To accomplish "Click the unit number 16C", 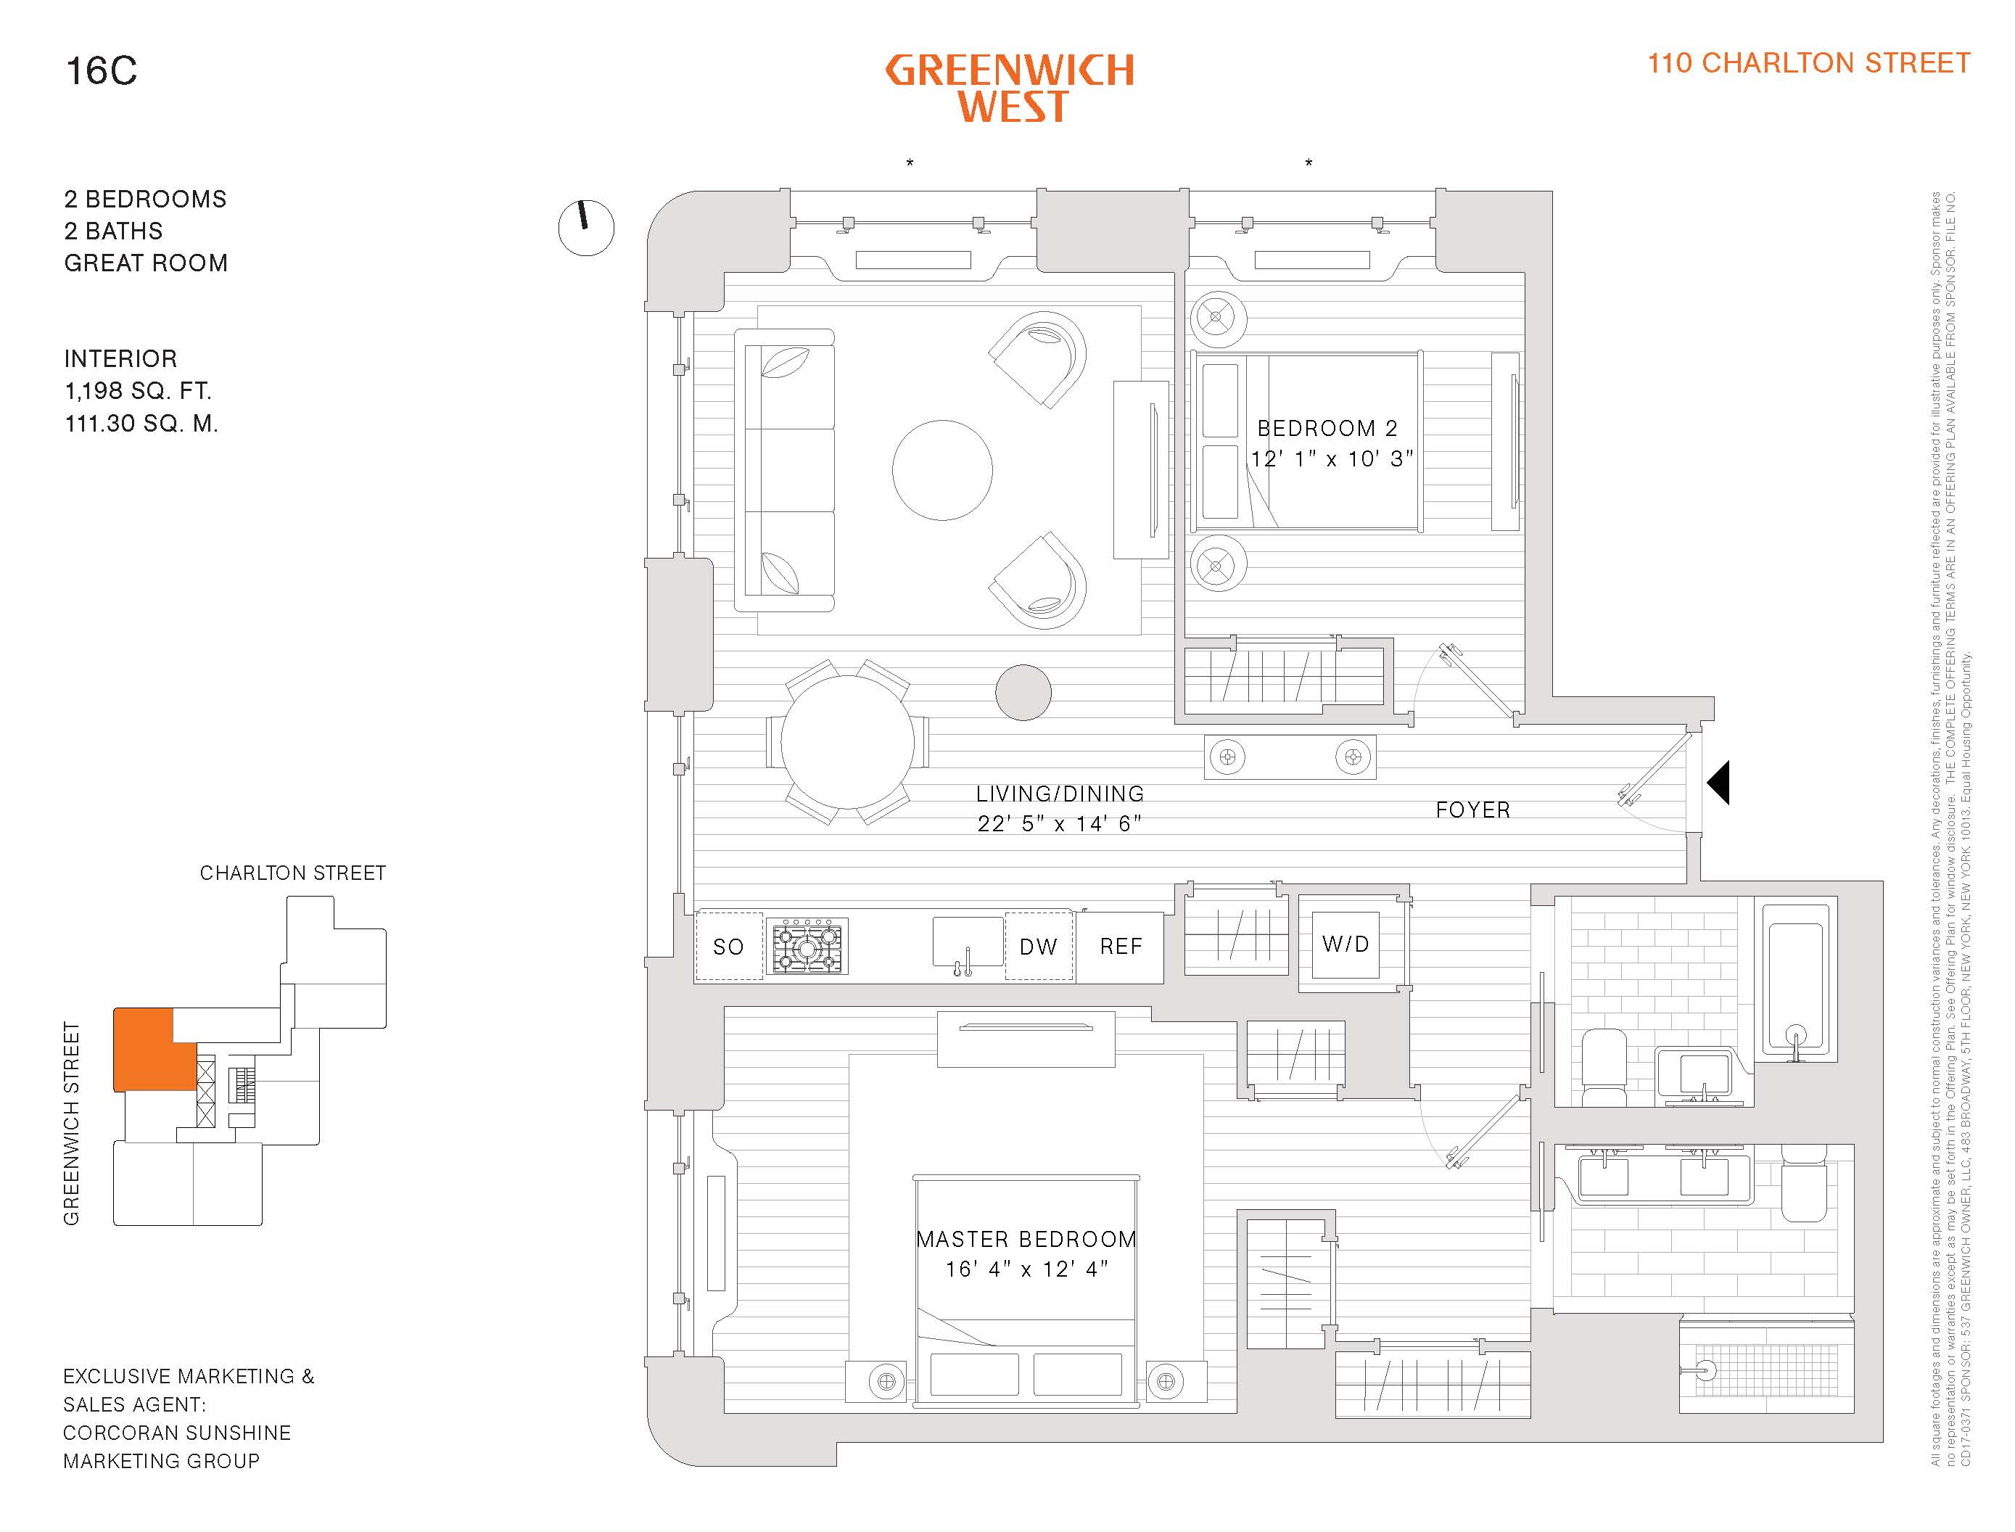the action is pyautogui.click(x=102, y=71).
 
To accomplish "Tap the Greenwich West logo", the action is pyautogui.click(x=1010, y=88).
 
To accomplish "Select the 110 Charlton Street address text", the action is pyautogui.click(x=1808, y=63).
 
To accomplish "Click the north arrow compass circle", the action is pyautogui.click(x=586, y=228).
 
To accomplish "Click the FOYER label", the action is pyautogui.click(x=1472, y=810).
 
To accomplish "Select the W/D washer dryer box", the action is pyautogui.click(x=1346, y=944).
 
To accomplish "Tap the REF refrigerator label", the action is pyautogui.click(x=1121, y=947).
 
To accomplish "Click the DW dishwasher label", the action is pyautogui.click(x=1039, y=947).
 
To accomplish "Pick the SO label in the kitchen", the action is pyautogui.click(x=728, y=947).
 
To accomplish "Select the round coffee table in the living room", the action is pyautogui.click(x=941, y=469).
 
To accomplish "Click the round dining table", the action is pyautogui.click(x=847, y=742).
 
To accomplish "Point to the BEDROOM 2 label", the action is pyautogui.click(x=1327, y=429).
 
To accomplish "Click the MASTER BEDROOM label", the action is pyautogui.click(x=1026, y=1239).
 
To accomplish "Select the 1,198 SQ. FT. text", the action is pyautogui.click(x=138, y=391).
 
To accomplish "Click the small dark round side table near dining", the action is pyautogui.click(x=1023, y=692).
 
